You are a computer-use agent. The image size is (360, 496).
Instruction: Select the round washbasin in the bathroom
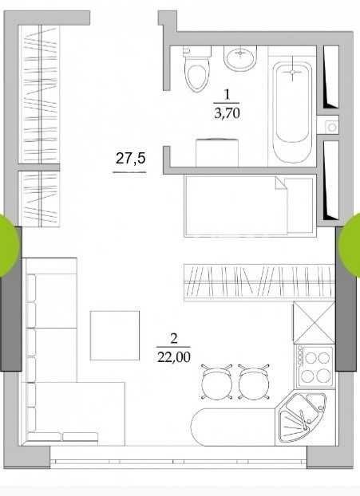tap(240, 58)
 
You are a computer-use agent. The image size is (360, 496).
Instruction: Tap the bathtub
tap(292, 112)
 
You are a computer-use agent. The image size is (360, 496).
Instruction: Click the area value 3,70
tap(227, 113)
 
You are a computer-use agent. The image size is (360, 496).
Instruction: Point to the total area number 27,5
tap(130, 158)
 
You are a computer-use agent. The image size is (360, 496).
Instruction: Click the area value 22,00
tap(174, 356)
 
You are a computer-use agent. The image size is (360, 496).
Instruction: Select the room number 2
tap(173, 340)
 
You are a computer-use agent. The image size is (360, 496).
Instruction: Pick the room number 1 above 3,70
tap(227, 95)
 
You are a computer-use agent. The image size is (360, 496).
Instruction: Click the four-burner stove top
tap(315, 366)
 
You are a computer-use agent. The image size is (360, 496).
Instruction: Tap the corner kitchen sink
tap(301, 417)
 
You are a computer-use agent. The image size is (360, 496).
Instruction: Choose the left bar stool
tap(217, 381)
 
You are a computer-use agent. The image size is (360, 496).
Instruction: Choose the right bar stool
tap(253, 381)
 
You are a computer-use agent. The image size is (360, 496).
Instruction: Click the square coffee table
tap(115, 336)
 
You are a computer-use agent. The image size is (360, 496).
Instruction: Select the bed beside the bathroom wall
tap(250, 206)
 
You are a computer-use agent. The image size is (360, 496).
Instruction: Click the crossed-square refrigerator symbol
tap(314, 323)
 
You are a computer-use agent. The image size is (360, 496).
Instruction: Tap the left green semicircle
tap(10, 245)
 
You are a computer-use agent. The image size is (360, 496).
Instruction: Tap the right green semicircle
tap(350, 245)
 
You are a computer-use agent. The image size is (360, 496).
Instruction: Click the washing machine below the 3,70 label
tap(217, 152)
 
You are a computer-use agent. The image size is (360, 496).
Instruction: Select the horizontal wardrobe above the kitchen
tap(259, 282)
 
